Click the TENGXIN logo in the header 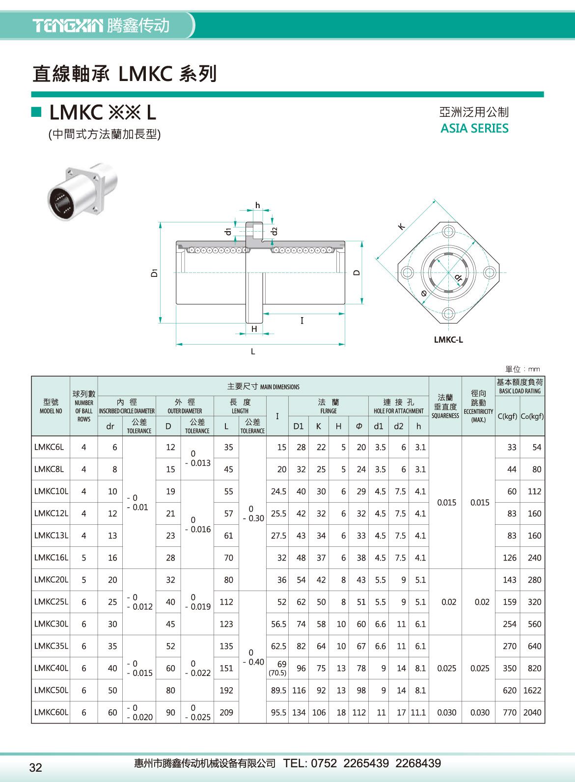coord(67,26)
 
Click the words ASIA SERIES coord(474,129)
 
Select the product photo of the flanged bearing coord(82,192)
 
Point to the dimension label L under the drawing coord(253,351)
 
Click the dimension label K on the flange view coord(401,226)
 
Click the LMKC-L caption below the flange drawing coord(448,340)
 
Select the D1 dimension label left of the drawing coord(154,272)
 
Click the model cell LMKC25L coord(51,602)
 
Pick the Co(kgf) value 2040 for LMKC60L coord(532,712)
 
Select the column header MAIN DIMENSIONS coord(263,387)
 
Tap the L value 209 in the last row coord(226,712)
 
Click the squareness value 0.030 coord(446,712)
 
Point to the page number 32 coord(36,767)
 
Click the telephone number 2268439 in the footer coord(418,763)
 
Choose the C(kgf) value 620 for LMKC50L coord(509,690)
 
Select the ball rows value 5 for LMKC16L coord(84,558)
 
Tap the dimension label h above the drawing coord(257,206)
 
